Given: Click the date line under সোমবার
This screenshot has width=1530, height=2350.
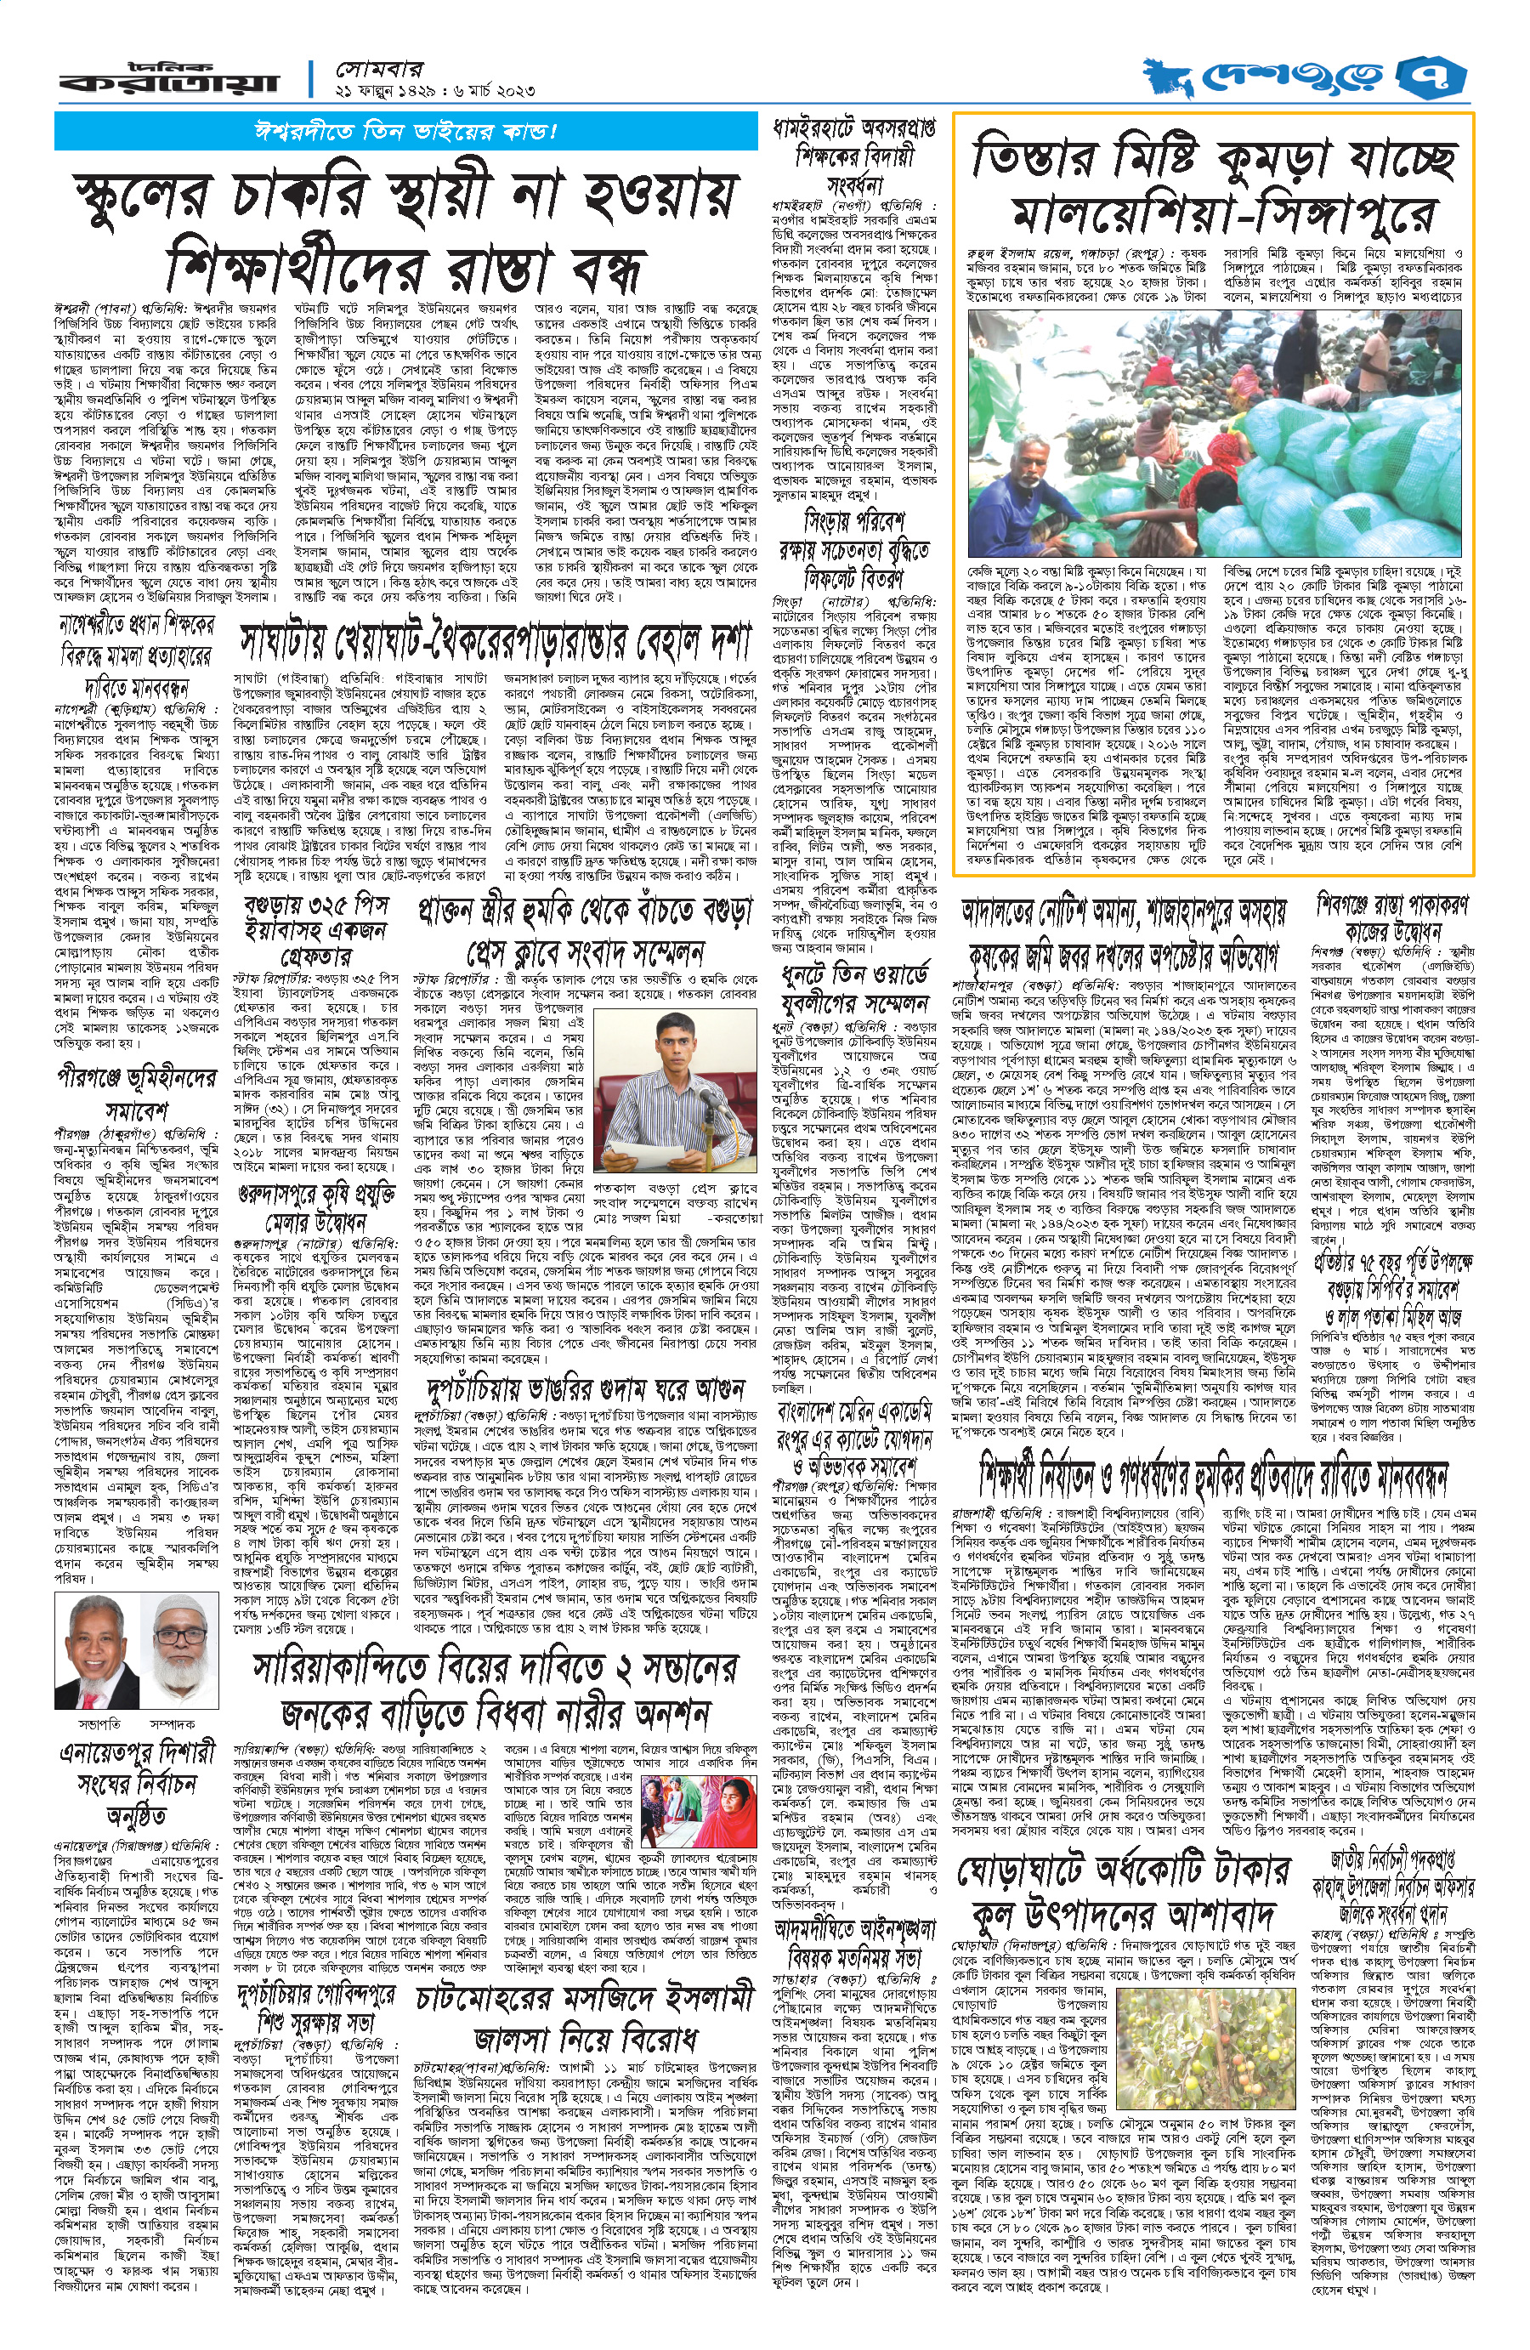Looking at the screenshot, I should [435, 91].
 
